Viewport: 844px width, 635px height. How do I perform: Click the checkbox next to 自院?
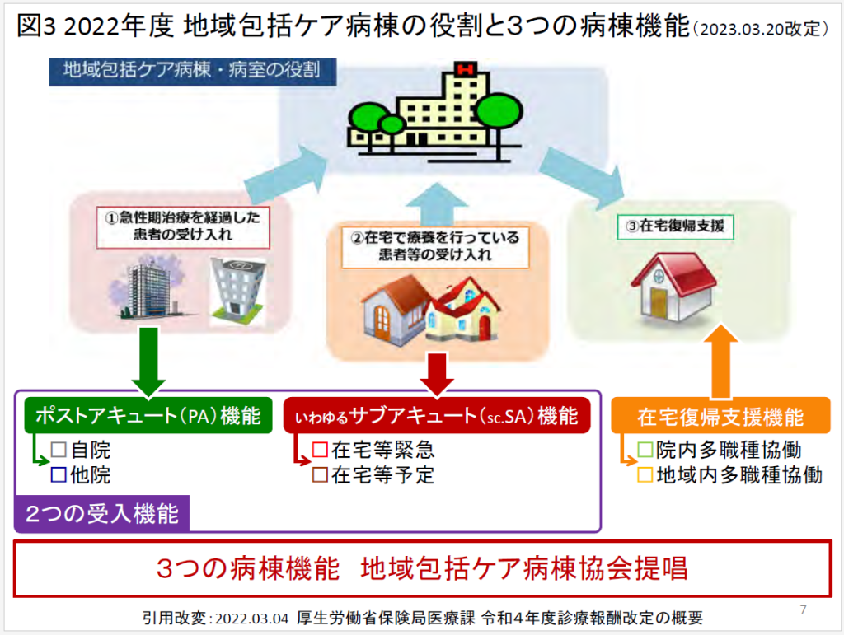point(59,450)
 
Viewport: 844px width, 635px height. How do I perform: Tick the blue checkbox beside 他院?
point(59,474)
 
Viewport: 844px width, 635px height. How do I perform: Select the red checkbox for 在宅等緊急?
point(321,450)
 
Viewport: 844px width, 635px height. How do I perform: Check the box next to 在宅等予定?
point(321,474)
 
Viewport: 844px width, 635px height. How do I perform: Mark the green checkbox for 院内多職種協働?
point(645,450)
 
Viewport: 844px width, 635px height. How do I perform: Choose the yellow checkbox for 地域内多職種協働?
point(645,474)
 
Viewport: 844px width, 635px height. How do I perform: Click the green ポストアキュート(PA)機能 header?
point(148,415)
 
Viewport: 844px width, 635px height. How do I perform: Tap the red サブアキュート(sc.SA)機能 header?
point(437,415)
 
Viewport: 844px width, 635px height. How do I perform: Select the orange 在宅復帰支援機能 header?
point(720,416)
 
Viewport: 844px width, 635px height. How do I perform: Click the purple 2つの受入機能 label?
point(101,513)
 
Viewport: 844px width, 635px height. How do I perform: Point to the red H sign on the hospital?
point(466,69)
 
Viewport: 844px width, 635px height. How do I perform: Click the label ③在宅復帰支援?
point(675,226)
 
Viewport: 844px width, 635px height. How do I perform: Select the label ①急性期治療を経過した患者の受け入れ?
point(183,226)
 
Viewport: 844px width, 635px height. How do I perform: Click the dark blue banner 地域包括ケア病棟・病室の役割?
point(193,71)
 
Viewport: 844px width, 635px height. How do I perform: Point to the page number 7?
point(803,609)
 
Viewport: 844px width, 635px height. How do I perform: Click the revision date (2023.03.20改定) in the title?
point(761,29)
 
